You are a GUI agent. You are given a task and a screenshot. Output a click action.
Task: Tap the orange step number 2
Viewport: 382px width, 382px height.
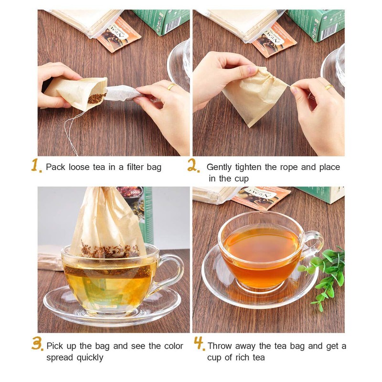click(x=193, y=166)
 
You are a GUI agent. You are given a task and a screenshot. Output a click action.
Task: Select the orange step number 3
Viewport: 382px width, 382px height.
click(x=38, y=344)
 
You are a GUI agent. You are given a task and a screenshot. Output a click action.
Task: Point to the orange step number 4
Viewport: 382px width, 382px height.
click(x=199, y=344)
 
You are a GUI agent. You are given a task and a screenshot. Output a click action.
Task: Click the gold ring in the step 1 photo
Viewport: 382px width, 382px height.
click(x=170, y=86)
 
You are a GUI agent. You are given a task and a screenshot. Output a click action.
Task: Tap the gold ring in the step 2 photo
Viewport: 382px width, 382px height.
click(x=329, y=86)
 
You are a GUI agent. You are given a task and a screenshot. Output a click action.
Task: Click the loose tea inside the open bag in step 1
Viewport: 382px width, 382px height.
click(x=96, y=98)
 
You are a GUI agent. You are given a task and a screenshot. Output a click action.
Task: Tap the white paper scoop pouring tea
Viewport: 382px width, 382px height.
click(x=122, y=92)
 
